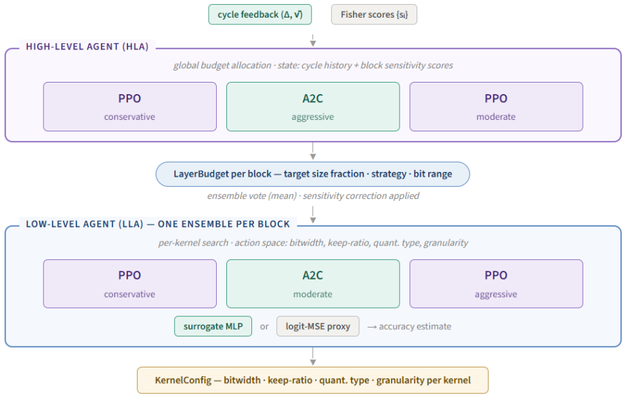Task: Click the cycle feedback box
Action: [260, 15]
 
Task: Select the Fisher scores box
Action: [374, 15]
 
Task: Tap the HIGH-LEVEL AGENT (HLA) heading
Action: [87, 47]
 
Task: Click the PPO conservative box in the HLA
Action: [130, 106]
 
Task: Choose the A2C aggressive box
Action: [313, 106]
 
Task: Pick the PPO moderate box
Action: [496, 106]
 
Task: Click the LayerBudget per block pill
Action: [312, 174]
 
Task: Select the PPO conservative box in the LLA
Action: [130, 284]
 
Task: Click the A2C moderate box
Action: [313, 284]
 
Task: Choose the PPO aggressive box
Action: [496, 284]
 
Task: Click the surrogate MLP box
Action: [213, 326]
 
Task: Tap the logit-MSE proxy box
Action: [318, 326]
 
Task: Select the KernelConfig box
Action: [312, 380]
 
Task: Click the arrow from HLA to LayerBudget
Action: [313, 151]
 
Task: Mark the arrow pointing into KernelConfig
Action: [313, 356]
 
